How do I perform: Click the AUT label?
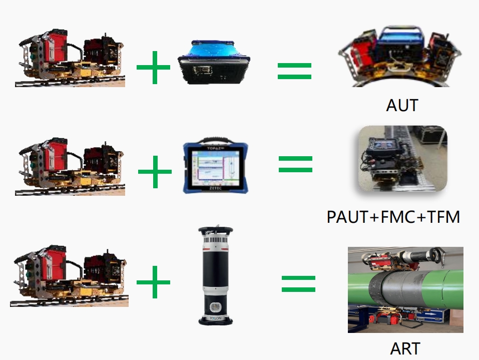click(402, 105)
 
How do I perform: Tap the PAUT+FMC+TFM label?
click(393, 217)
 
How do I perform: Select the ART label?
click(405, 348)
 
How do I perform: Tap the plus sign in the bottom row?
click(153, 282)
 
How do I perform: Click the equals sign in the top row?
click(295, 71)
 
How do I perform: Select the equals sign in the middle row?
click(295, 164)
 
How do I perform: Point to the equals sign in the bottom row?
click(298, 283)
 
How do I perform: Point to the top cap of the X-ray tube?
click(216, 231)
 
